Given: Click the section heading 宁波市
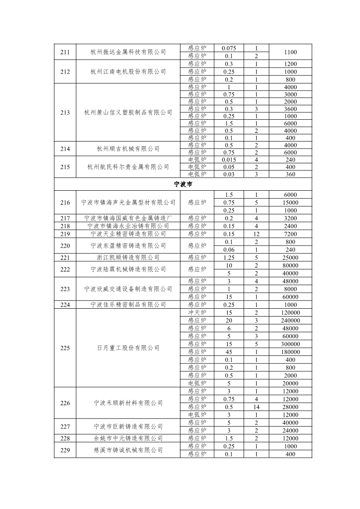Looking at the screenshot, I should coord(183,184).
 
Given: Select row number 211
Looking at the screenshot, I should coord(65,52).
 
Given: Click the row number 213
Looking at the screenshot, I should coord(65,113).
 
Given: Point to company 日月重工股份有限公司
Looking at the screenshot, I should coord(128,348).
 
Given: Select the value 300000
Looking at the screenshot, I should coord(290,344).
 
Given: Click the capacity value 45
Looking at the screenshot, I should coord(229,352).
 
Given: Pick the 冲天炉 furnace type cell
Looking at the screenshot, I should coord(197,313).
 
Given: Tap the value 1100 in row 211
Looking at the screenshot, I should coord(290,52).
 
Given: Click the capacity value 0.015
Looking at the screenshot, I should coord(229,159).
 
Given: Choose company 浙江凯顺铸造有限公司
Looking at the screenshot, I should coord(128,258).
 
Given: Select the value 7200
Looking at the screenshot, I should coord(290,234).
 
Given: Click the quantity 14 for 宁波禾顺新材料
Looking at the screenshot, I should coord(257,407).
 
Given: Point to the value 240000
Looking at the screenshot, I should coord(290,320).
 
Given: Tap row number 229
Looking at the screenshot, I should coord(65,450).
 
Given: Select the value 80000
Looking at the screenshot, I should coord(290,266).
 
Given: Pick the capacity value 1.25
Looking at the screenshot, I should coord(229,258).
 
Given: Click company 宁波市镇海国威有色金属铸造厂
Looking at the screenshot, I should coord(128,218).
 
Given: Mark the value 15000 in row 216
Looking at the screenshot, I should coord(290,202).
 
